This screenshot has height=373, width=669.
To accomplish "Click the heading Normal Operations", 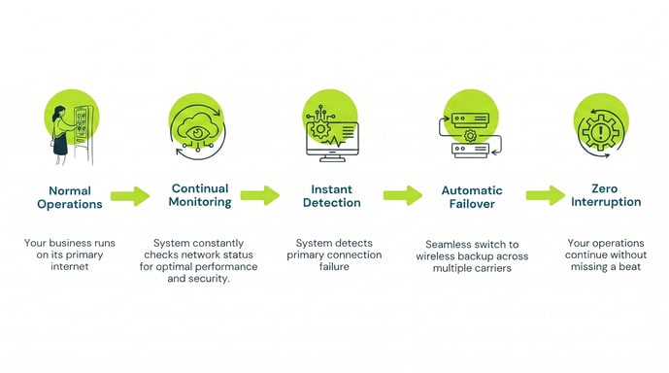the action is pos(70,197).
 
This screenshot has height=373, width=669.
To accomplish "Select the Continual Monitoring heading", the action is pos(200,195).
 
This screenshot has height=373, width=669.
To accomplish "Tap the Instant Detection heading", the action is pos(332,196).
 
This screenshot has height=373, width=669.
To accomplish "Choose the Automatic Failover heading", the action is pos(472,197).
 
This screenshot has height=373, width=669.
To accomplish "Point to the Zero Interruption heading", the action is pos(606,195).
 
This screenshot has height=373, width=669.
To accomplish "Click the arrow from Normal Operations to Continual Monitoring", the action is pos(130,196).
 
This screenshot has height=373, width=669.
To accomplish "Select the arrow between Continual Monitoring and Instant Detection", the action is pos(260,195).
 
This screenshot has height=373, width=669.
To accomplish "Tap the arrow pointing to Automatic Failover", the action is pos(403,195).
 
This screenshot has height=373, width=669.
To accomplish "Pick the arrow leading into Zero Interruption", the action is pos(546,195).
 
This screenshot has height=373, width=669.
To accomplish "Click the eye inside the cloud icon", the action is pos(197,134).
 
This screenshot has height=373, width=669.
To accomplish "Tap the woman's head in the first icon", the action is pos(58,113).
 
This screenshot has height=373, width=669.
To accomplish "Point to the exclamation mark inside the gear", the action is pos(601,131).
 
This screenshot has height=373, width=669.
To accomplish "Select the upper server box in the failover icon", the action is pos(470,119).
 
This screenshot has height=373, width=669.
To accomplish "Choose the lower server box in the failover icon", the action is pos(470,151).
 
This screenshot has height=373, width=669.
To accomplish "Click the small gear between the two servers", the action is pos(470,136).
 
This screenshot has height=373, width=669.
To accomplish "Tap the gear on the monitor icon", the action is pos(320,128).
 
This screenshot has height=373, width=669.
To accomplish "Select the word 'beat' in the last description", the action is pos(630,267).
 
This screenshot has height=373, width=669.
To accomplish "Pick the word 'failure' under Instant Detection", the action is pos(334,266).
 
